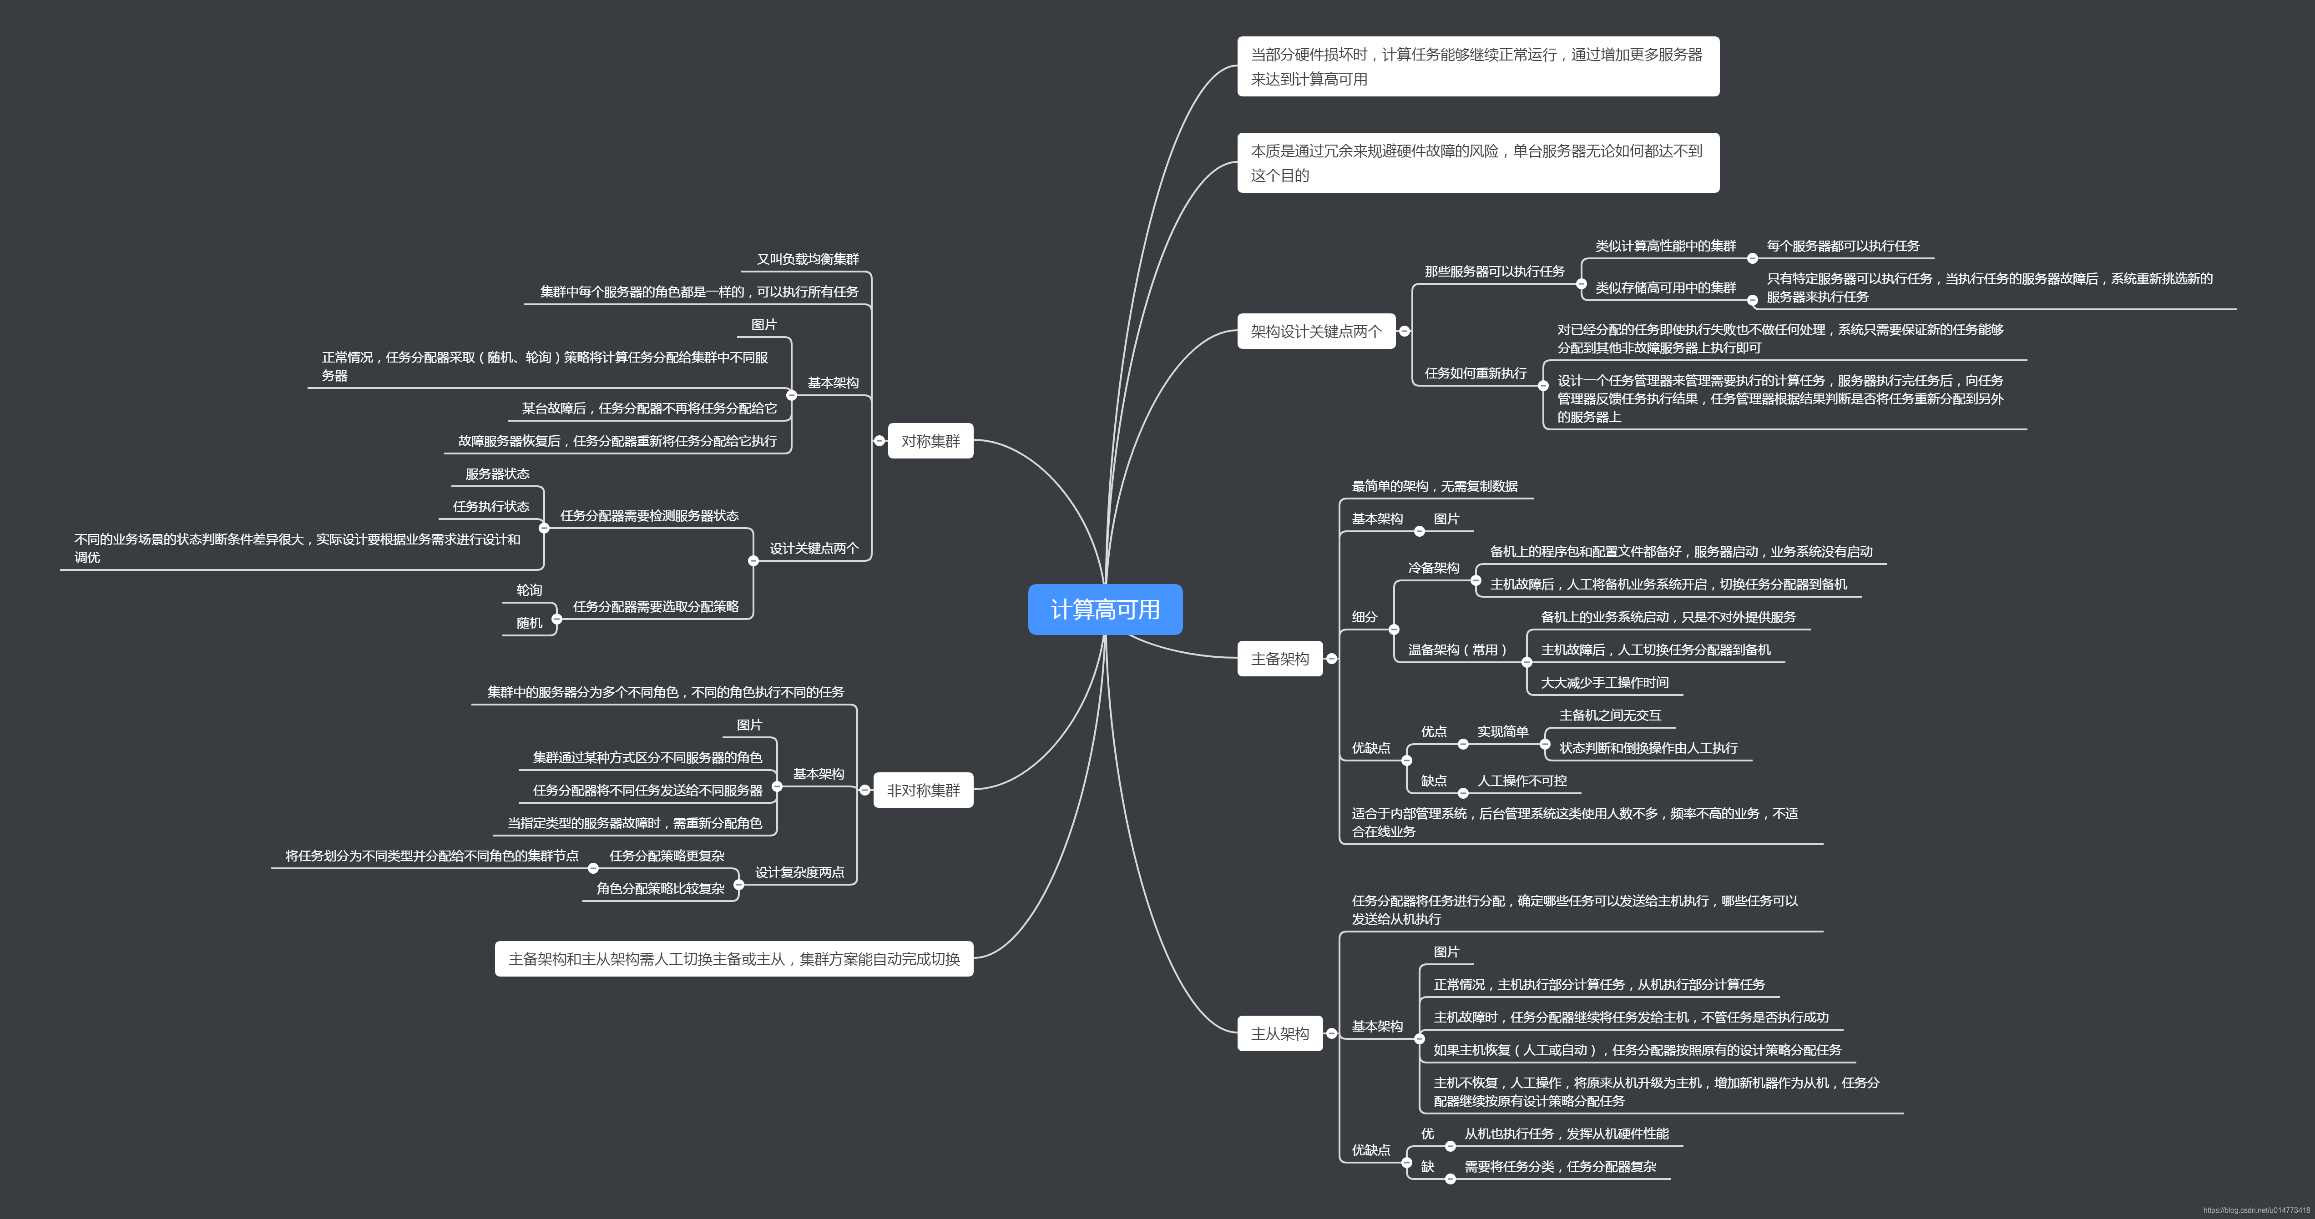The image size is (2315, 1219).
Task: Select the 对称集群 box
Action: click(930, 441)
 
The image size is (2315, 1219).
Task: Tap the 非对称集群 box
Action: click(923, 791)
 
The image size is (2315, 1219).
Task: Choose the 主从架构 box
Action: click(1280, 1034)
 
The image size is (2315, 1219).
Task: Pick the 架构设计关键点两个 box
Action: click(1316, 332)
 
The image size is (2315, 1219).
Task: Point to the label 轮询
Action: click(529, 590)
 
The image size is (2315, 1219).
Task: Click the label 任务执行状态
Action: click(490, 507)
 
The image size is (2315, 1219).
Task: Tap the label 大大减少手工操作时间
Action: click(1604, 683)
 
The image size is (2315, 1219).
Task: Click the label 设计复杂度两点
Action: click(799, 872)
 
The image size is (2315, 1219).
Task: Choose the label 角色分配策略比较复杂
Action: click(660, 888)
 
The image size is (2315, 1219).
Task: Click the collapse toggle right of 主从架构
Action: click(1332, 1034)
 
